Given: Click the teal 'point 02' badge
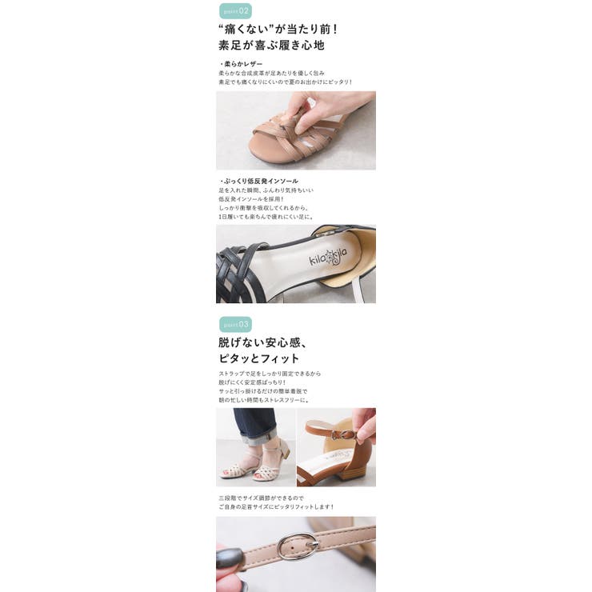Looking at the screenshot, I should tap(235, 11).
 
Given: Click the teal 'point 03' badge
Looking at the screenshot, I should tap(235, 324).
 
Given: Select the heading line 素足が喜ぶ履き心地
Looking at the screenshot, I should tap(270, 46).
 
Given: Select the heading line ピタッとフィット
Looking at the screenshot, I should tap(259, 358).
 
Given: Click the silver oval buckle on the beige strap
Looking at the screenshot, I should tap(298, 546).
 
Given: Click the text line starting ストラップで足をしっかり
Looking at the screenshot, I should tap(270, 374).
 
